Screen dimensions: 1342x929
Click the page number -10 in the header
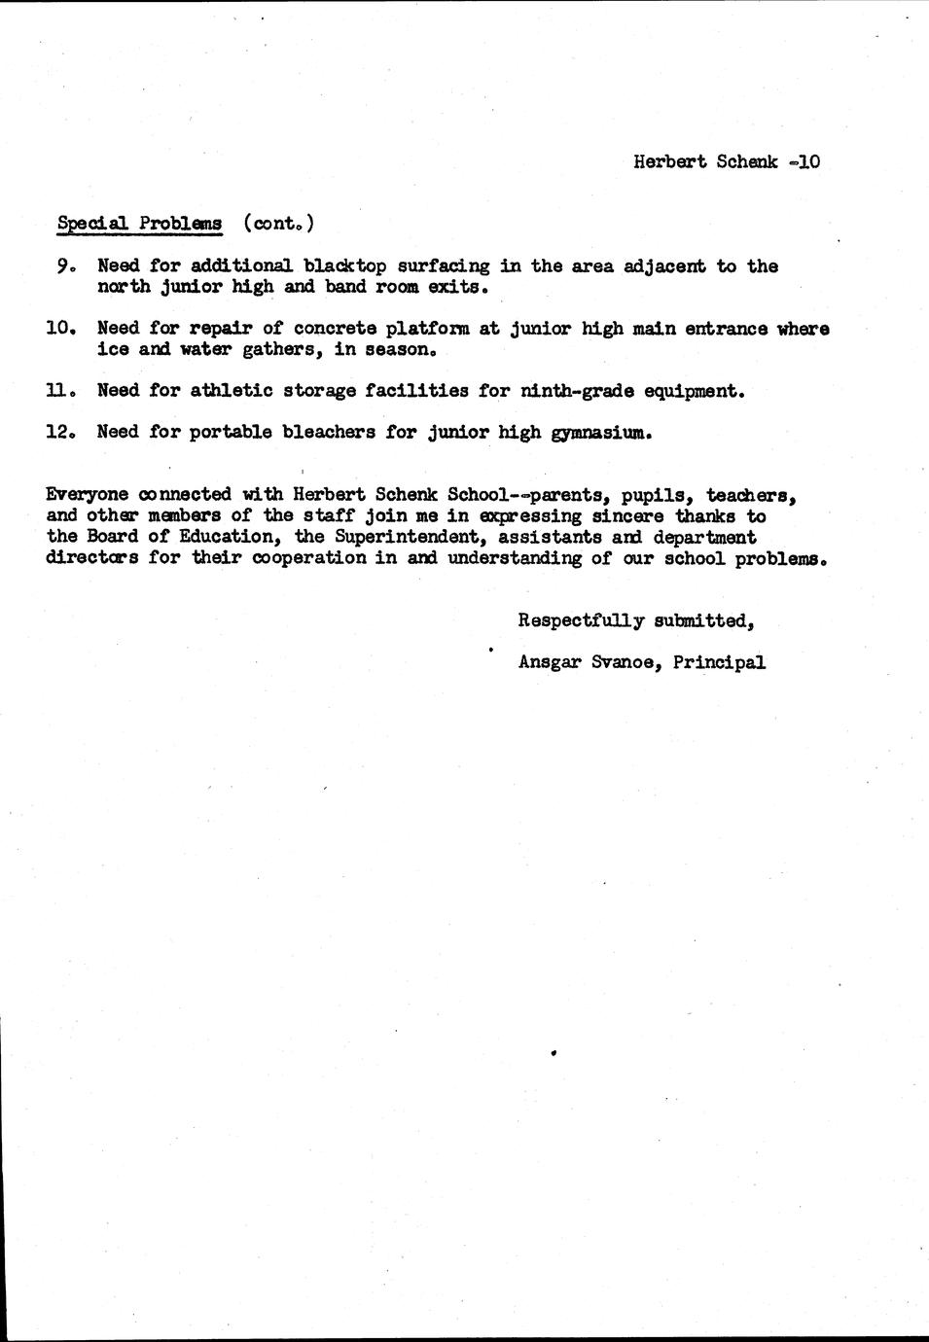[804, 161]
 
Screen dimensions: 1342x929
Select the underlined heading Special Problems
[139, 223]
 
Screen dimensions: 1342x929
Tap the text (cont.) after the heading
[278, 223]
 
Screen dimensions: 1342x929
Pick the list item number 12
[59, 432]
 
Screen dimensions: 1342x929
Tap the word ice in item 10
[113, 349]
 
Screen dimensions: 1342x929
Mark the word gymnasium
[599, 433]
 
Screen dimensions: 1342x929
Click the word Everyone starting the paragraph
[87, 495]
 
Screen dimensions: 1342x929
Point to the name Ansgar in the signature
[550, 662]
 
